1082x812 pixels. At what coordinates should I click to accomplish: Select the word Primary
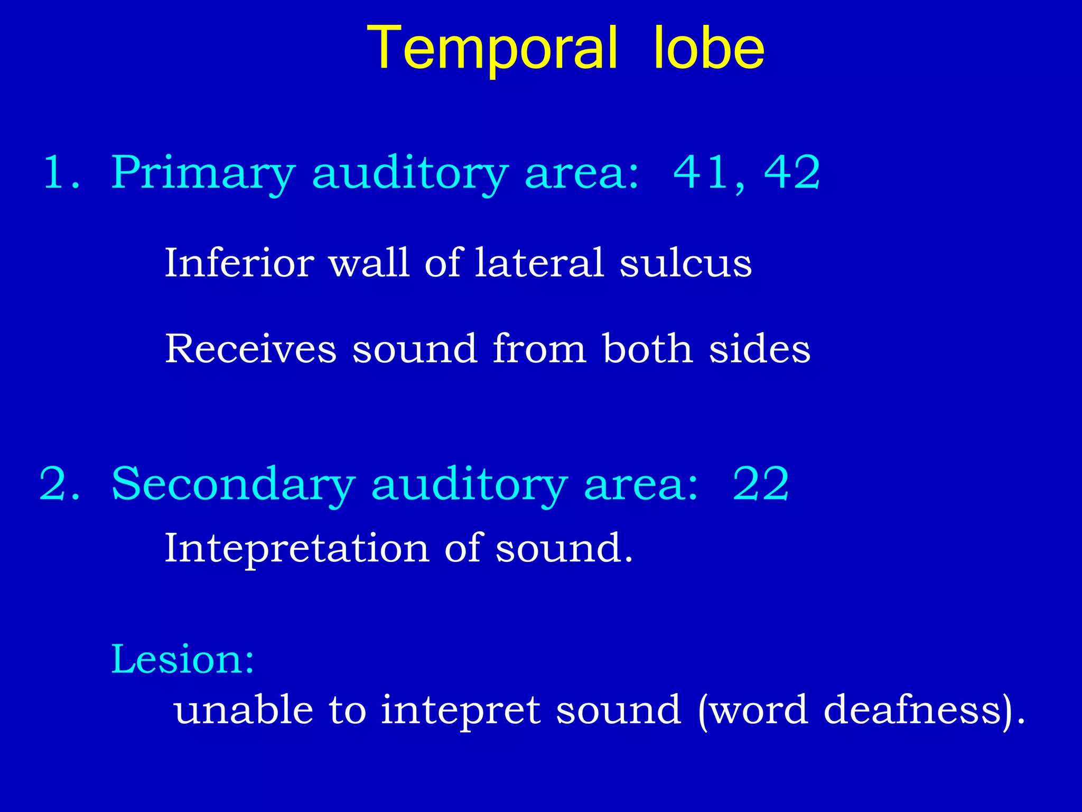coord(203,173)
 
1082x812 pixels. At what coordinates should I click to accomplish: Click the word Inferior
coord(239,263)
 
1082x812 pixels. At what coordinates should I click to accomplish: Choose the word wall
coord(369,263)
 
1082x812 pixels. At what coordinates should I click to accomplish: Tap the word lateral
coord(539,263)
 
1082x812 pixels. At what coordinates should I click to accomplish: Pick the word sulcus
coord(685,263)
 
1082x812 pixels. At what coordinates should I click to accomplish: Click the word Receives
coord(250,349)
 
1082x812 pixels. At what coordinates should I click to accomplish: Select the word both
coord(648,349)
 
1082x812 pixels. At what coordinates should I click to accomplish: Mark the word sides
coord(759,349)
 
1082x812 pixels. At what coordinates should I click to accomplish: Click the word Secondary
coord(233,484)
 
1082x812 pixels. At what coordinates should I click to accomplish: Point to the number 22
coord(761,484)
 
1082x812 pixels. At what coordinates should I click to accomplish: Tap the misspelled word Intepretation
coord(296,548)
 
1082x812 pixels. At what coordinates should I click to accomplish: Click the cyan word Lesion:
coord(183,659)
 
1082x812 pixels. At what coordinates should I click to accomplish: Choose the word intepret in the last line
coord(460,710)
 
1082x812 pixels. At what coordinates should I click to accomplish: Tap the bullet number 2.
coord(59,484)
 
